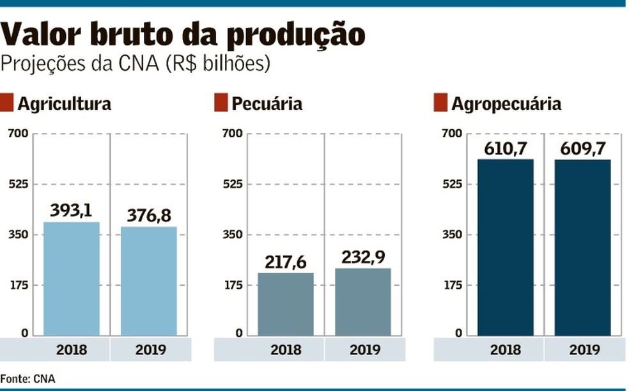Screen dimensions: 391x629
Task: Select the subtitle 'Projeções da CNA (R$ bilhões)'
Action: point(136,65)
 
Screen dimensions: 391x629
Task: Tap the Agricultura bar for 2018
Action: point(71,279)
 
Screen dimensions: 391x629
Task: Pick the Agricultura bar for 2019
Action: point(149,281)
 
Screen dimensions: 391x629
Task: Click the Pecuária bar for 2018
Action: point(286,304)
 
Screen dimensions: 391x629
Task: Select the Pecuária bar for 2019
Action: point(363,302)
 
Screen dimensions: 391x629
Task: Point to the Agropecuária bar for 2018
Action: point(505,247)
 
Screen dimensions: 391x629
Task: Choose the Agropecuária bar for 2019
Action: point(582,247)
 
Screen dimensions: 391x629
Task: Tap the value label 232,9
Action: point(363,257)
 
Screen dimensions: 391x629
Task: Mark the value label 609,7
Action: point(582,148)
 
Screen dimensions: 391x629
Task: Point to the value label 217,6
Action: point(286,261)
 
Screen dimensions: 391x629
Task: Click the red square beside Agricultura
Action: point(6,103)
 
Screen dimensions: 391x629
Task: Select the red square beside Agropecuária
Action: point(440,103)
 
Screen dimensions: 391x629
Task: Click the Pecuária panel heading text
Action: point(267,103)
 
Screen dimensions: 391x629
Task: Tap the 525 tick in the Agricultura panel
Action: point(17,185)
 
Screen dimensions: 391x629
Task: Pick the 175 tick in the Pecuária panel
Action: point(232,285)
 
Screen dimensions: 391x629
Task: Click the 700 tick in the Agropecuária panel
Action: point(451,134)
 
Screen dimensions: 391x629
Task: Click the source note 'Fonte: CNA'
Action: point(28,379)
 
